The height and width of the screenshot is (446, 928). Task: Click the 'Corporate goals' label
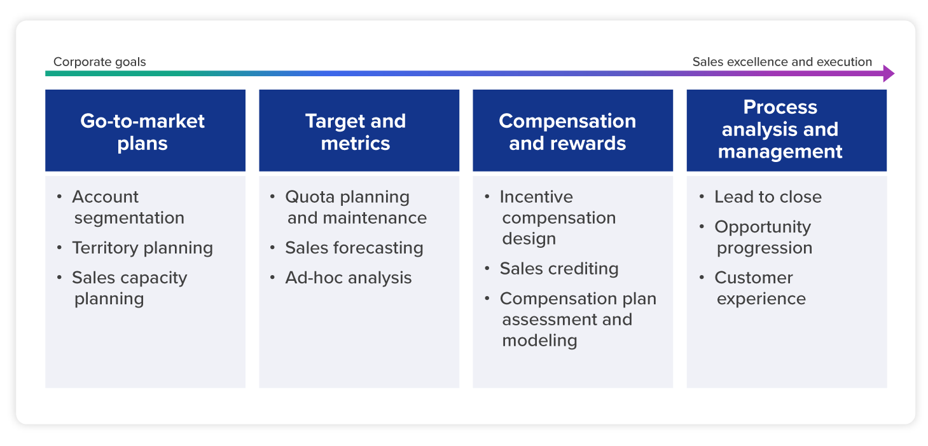click(99, 62)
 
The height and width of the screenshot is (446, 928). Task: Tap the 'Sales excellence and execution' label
click(782, 62)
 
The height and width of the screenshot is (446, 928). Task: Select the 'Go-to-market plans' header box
click(145, 131)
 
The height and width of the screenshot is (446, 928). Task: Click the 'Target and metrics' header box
click(359, 131)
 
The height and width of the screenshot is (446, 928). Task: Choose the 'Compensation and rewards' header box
click(572, 131)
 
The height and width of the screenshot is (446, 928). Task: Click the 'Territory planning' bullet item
click(142, 248)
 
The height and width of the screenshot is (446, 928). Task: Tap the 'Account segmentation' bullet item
click(128, 207)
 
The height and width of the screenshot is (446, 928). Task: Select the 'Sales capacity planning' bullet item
click(130, 288)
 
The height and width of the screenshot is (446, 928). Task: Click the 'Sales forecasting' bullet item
click(354, 248)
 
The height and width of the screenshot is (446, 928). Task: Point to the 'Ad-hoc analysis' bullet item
click(348, 278)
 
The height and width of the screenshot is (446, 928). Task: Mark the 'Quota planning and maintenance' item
click(356, 207)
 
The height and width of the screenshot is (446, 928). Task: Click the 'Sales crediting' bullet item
click(559, 269)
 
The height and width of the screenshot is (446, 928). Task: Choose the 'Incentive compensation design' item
click(558, 217)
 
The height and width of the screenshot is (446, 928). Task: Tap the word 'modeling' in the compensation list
click(539, 341)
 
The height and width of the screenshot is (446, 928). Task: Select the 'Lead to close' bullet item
click(768, 197)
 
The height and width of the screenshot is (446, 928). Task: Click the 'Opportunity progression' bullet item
click(763, 237)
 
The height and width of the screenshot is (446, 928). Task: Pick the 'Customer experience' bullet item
click(760, 288)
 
